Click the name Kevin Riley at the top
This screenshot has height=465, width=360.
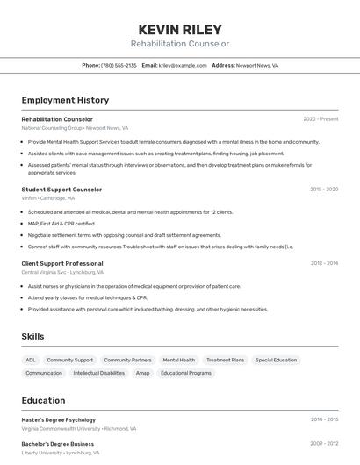pos(180,29)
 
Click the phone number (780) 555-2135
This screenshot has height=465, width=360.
pos(119,65)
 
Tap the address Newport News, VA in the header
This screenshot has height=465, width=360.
pos(257,65)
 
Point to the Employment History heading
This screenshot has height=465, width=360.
pos(65,100)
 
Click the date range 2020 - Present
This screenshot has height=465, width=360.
pos(320,119)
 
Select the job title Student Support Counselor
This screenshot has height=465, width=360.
pos(61,190)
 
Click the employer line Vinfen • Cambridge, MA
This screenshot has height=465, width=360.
pos(48,198)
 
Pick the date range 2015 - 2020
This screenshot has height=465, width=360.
pos(323,190)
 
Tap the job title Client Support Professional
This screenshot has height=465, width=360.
pos(62,263)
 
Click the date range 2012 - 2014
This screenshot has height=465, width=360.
pos(323,263)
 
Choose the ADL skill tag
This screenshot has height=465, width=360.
pos(31,360)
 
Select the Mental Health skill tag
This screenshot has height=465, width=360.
pos(179,360)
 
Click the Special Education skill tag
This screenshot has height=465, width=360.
pos(276,360)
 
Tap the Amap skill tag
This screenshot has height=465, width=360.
pos(142,373)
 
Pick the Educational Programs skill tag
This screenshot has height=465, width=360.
pos(186,373)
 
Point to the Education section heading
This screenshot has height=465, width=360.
pos(43,400)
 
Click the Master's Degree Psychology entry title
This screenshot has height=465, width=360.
pos(59,419)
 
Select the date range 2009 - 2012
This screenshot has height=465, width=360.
pos(323,444)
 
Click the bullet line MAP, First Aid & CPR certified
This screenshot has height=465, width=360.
pos(61,224)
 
